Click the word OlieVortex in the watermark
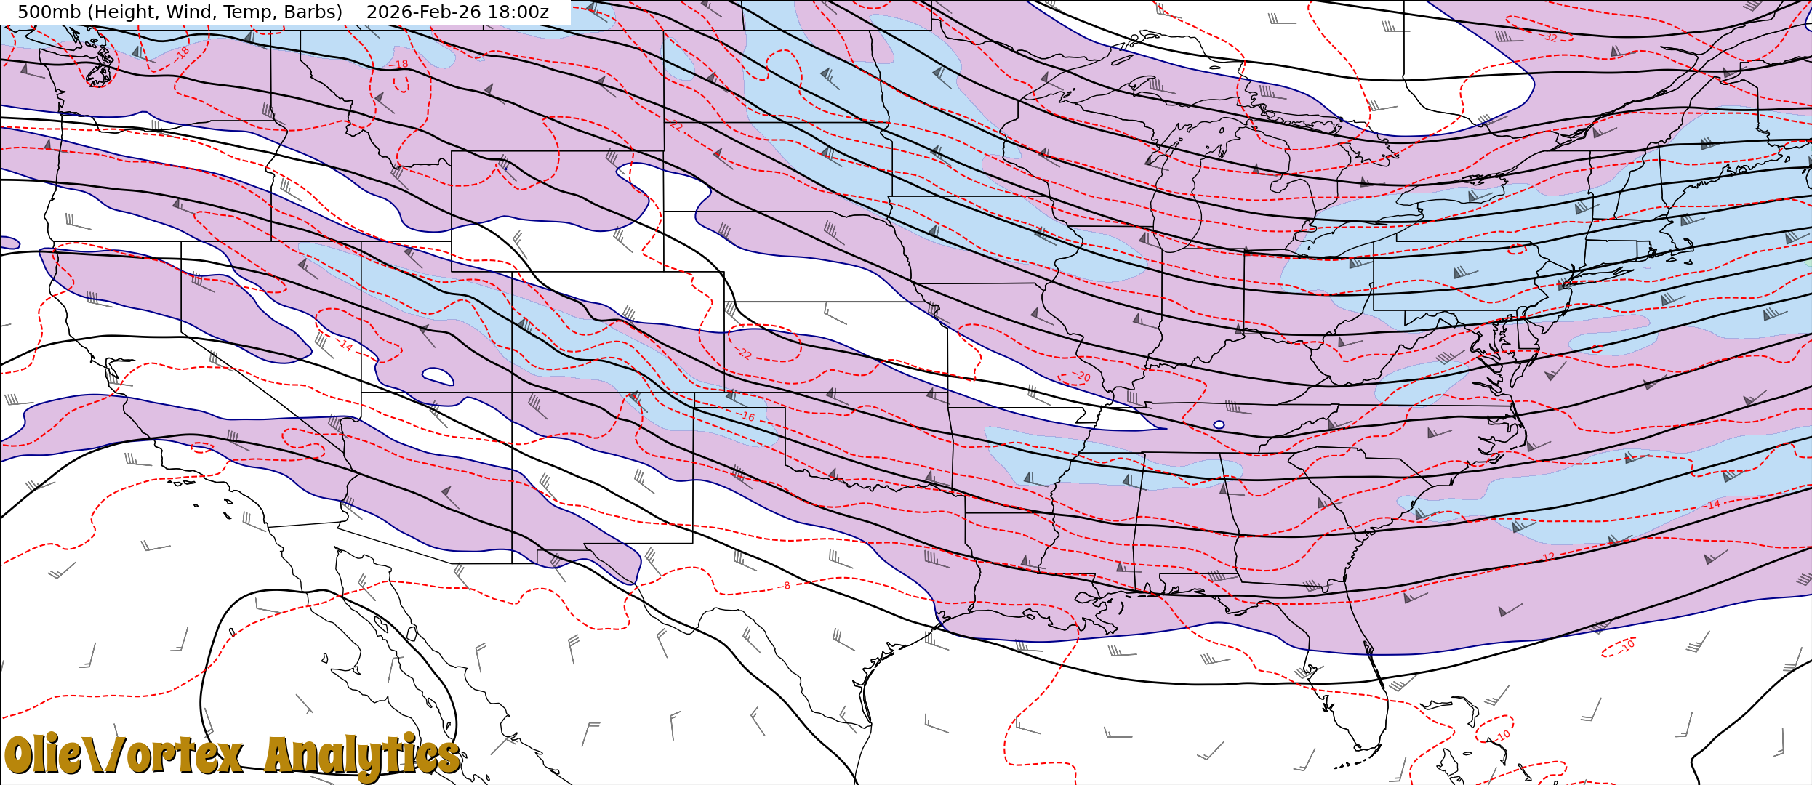pos(124,756)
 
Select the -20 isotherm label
pos(1081,376)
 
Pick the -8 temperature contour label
pos(786,586)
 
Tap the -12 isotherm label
pos(1549,557)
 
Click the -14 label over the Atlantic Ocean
pos(1713,504)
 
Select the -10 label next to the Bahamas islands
pos(1503,736)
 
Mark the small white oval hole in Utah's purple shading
pos(438,376)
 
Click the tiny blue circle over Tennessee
pos(1219,424)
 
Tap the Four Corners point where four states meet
pos(512,392)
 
